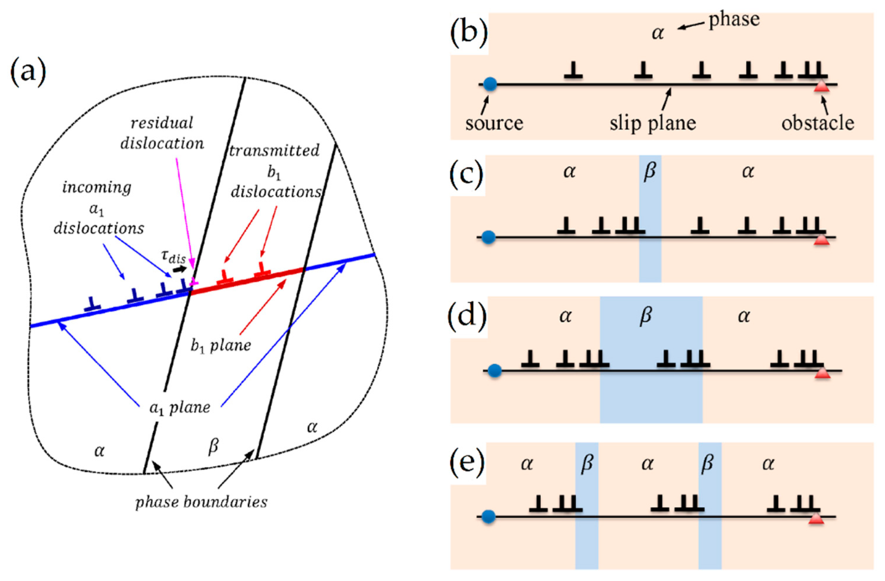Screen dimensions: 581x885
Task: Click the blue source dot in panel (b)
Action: (490, 84)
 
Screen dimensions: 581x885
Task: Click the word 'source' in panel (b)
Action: (494, 122)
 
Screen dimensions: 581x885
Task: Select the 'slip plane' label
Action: (652, 122)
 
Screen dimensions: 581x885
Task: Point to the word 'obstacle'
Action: (818, 122)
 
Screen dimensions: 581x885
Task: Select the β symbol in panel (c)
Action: (649, 172)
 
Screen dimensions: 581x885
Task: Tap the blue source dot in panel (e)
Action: (488, 517)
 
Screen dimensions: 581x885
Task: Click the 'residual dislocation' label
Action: (162, 133)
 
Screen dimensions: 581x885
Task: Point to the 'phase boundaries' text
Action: (201, 502)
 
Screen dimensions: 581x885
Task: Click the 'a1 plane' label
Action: (180, 408)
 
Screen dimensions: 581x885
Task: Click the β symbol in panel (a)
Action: (213, 447)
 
